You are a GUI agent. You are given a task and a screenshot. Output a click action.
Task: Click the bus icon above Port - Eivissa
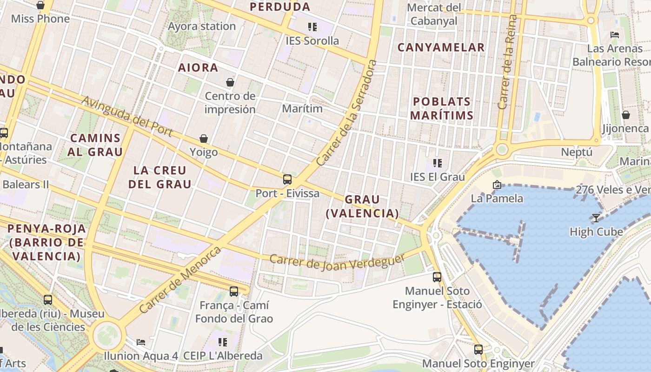point(287,179)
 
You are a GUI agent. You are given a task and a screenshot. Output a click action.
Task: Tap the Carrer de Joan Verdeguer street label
point(337,262)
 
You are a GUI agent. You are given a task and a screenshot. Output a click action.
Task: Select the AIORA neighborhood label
point(198,68)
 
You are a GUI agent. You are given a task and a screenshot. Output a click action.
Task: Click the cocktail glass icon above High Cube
point(596,218)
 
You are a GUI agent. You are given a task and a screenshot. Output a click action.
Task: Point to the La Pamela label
point(497,199)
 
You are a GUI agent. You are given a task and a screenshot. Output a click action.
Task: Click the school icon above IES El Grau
point(437,163)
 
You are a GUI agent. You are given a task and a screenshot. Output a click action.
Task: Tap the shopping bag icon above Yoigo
point(204,139)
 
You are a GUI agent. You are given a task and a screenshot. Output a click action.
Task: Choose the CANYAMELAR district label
point(441,47)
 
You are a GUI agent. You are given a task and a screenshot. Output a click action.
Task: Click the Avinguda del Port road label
point(127,117)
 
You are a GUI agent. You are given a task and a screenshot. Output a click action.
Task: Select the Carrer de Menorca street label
point(180,280)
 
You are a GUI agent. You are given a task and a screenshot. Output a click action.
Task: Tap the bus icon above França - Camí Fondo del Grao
point(234,292)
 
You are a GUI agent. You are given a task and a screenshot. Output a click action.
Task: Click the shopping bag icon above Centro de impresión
point(230,82)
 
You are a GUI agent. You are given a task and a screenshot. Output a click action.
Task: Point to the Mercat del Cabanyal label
point(434,14)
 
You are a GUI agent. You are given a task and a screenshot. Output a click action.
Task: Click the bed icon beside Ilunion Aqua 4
point(141,342)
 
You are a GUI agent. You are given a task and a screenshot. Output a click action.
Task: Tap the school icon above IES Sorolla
point(312,27)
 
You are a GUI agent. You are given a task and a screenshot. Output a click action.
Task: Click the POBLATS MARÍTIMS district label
point(442,108)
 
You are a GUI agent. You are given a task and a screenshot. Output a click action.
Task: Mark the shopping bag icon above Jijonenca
point(626,114)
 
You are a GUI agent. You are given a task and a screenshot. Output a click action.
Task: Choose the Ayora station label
point(202,27)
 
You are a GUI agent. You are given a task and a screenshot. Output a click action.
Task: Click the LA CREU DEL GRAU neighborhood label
point(160,177)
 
